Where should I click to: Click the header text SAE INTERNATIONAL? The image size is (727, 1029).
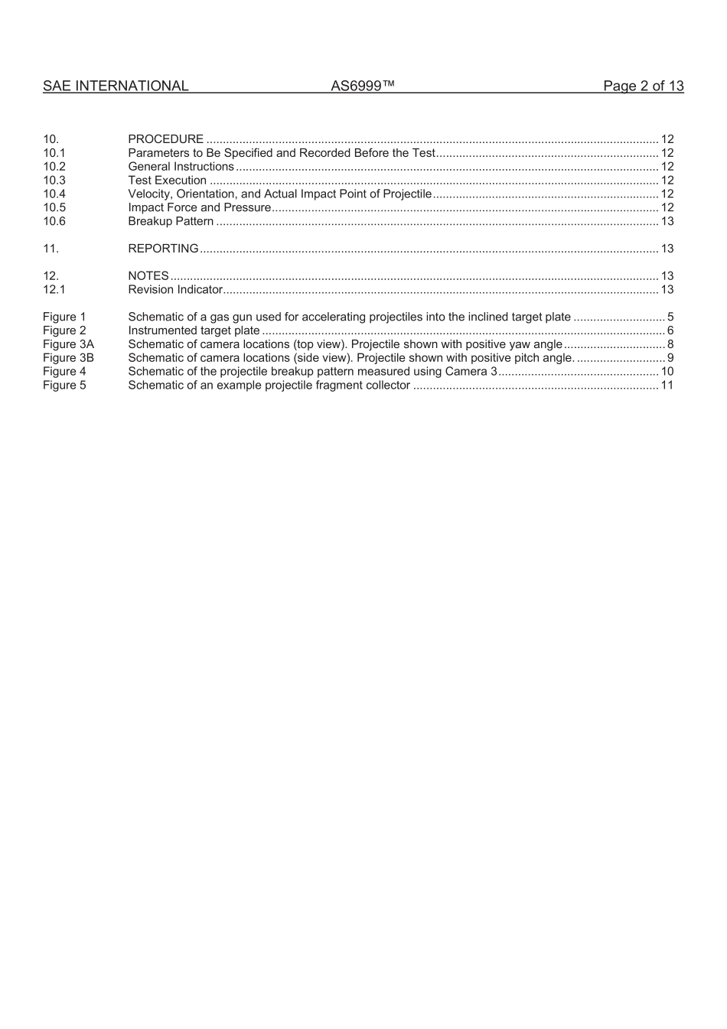coord(116,86)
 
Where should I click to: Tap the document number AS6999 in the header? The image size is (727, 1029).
coord(363,86)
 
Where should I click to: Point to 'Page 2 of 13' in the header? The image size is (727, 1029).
coord(643,86)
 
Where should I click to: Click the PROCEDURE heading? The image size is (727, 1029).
coord(165,139)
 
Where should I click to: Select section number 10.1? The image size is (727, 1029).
coord(54,153)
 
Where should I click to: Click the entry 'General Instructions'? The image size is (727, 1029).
coord(181,167)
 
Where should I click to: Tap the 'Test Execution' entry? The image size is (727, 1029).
coord(167,181)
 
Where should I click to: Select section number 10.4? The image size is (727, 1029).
coord(54,194)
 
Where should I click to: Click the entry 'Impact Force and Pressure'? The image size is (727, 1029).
coord(199,208)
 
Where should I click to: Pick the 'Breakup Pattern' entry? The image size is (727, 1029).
coord(171,222)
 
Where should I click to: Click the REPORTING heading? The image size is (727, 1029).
coord(163,249)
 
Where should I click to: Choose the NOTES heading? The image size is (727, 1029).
coord(148,276)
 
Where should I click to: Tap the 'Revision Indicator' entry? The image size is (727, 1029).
coord(174,290)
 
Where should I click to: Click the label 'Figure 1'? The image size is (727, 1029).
coord(64,317)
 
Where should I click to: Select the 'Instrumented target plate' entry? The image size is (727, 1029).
coord(194,331)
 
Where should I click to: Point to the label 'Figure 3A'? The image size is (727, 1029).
coord(68,345)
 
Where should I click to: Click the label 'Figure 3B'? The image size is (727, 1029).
coord(68,358)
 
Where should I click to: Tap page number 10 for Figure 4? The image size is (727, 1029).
coord(667,372)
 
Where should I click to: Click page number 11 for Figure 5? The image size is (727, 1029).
coord(667,386)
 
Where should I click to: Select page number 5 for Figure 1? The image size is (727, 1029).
coord(670,317)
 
